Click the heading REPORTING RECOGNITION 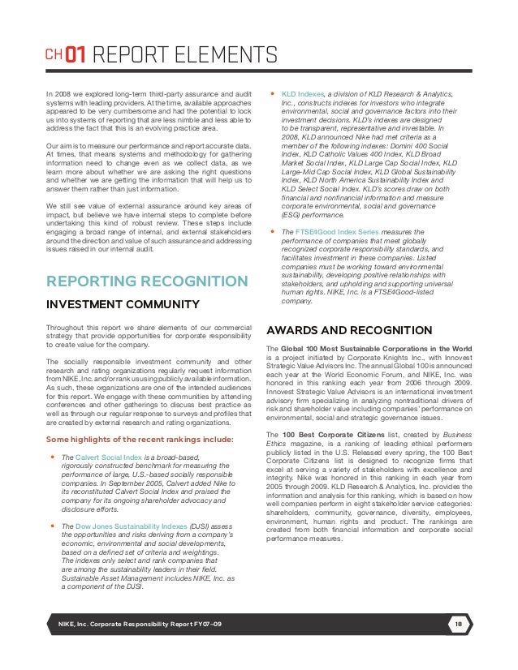pyautogui.click(x=147, y=281)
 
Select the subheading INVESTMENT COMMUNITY pyautogui.click(x=123, y=304)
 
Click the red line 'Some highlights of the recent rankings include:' pyautogui.click(x=140, y=440)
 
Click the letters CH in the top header pyautogui.click(x=52, y=57)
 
